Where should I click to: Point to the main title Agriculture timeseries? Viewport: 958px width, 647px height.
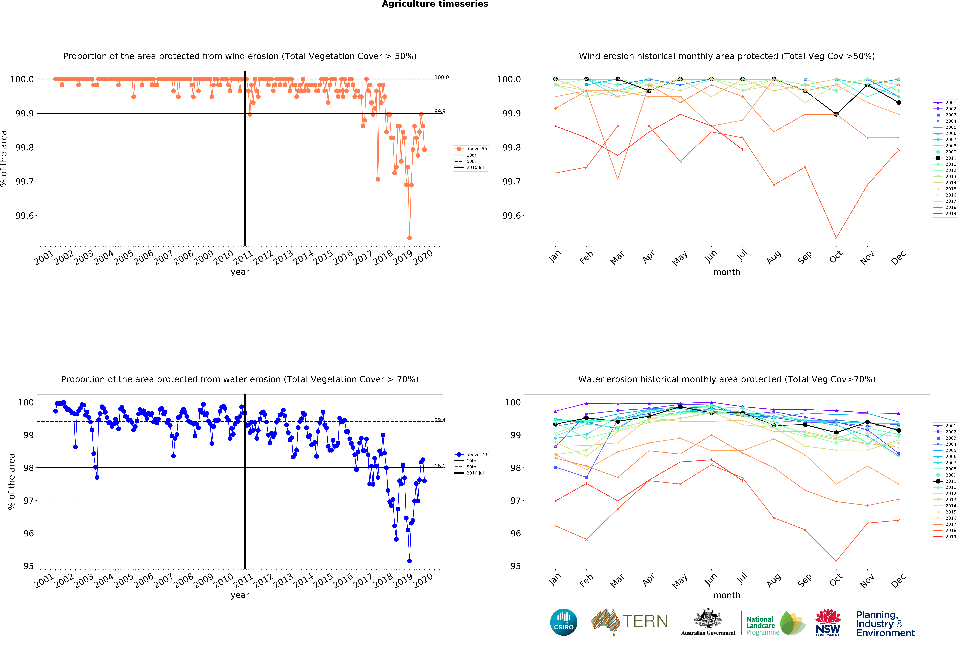(435, 4)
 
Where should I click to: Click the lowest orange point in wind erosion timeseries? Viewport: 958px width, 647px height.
(409, 238)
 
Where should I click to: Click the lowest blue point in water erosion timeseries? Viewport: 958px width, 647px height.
(409, 561)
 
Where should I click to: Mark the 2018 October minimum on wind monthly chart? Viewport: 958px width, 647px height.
(836, 238)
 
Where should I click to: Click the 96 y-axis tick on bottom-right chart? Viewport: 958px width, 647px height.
(515, 533)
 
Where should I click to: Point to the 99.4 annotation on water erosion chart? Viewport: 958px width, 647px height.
(440, 420)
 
